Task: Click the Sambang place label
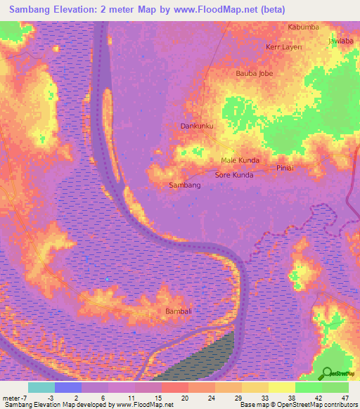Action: (186, 186)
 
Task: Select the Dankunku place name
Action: (197, 126)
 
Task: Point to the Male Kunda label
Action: (240, 161)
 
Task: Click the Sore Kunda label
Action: (233, 174)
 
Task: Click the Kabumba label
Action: (304, 27)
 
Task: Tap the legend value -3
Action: (51, 397)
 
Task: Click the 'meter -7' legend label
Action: (15, 397)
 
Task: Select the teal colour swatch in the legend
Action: (41, 387)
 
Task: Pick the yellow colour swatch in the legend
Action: (282, 387)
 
